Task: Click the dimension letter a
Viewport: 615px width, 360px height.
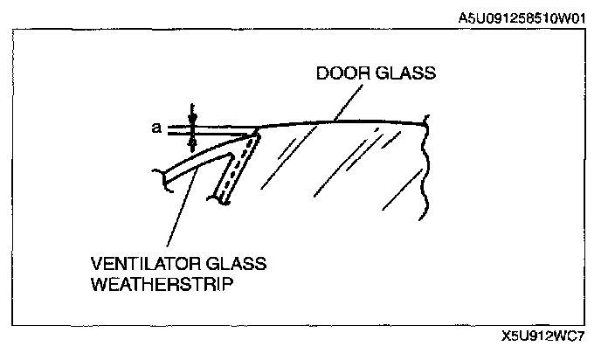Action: pos(156,128)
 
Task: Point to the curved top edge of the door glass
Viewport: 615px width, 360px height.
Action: pos(349,121)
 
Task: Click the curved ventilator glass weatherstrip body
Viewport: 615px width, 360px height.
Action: pos(205,158)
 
